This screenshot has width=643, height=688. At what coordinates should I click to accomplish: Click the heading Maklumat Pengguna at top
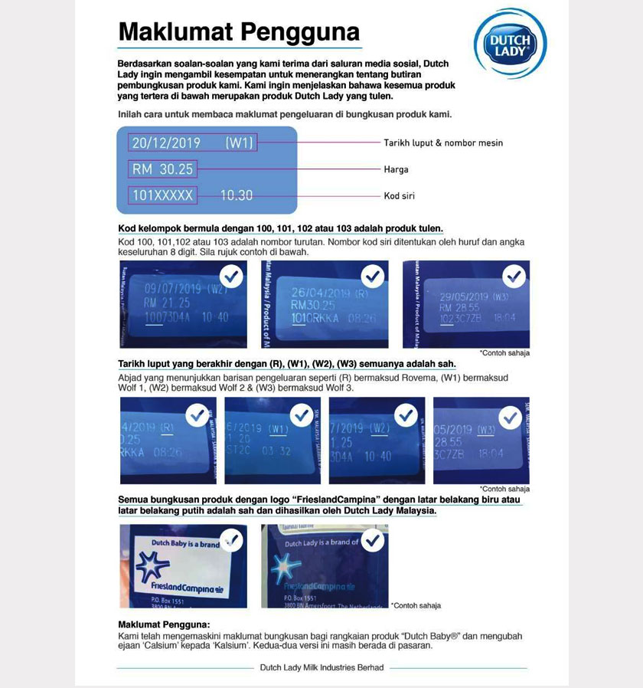click(239, 31)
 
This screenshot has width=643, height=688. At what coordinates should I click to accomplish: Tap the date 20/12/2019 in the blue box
click(166, 143)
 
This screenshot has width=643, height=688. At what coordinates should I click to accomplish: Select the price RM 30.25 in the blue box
click(162, 169)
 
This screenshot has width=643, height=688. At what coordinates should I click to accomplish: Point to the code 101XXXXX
click(162, 195)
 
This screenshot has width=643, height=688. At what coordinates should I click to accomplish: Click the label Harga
click(396, 169)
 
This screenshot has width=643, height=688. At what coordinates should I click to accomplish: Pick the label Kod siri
click(399, 196)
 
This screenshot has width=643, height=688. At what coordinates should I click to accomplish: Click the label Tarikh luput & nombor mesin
click(443, 143)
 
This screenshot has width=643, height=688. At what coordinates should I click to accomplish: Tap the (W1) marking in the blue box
click(239, 143)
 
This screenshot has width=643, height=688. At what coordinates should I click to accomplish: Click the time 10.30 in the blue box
click(237, 195)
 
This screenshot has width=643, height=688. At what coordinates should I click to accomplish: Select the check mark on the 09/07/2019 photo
click(231, 275)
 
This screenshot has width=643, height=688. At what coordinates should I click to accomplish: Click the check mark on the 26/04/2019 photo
click(373, 275)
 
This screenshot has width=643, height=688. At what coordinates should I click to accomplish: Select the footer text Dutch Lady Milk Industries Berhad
click(321, 668)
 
